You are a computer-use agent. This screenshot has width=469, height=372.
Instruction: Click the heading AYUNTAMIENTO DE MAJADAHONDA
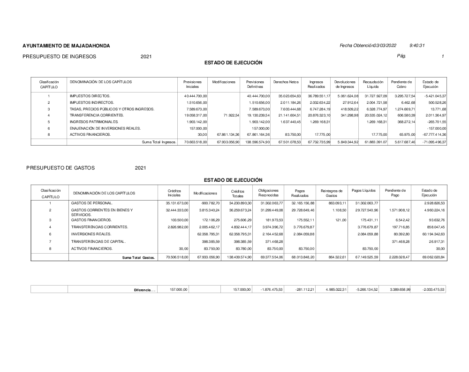point(66,46)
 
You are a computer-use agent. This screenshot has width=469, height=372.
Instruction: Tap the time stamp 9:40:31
point(416,46)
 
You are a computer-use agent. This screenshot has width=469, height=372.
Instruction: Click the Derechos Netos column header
point(286,82)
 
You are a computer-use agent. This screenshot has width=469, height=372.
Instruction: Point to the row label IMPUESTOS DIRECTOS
point(90,96)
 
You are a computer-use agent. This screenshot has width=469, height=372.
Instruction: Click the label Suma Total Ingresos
point(159,142)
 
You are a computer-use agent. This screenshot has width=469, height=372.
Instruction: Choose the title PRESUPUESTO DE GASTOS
point(61,168)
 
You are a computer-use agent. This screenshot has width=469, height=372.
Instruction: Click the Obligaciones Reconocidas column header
point(268,193)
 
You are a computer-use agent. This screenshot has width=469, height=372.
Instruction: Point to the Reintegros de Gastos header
point(332,193)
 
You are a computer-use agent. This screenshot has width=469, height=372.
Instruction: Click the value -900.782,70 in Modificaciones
point(204,203)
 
